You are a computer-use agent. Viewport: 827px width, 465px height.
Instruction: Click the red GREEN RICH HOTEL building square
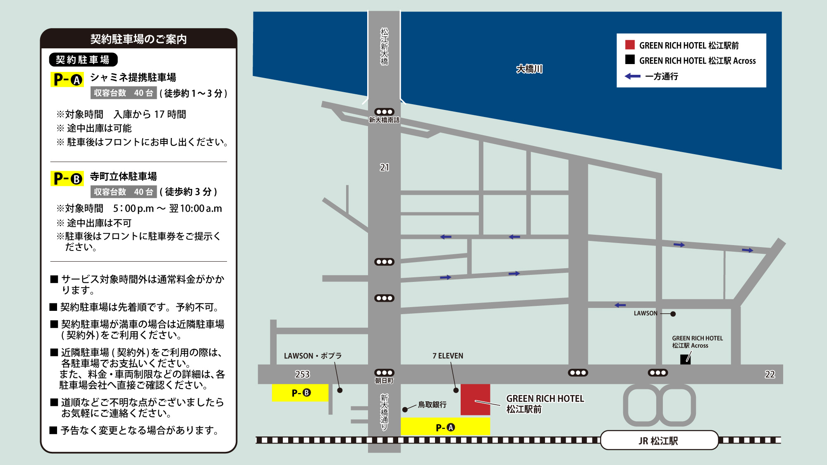pyautogui.click(x=475, y=399)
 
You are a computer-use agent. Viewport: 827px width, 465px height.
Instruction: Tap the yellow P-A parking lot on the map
pyautogui.click(x=445, y=427)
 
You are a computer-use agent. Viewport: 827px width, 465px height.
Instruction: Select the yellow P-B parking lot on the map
pyautogui.click(x=301, y=393)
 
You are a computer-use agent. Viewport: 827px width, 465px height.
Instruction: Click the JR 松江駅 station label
pyautogui.click(x=659, y=441)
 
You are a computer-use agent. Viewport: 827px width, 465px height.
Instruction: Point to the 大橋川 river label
pyautogui.click(x=529, y=69)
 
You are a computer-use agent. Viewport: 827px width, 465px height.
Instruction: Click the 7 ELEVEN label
pyautogui.click(x=448, y=356)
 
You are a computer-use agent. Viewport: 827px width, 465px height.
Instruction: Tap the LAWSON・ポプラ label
pyautogui.click(x=313, y=356)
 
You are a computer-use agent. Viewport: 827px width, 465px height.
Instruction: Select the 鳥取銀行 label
pyautogui.click(x=432, y=405)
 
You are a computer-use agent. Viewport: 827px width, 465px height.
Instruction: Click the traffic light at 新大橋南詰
pyautogui.click(x=384, y=112)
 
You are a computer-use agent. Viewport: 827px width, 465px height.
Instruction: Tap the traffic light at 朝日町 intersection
pyautogui.click(x=384, y=373)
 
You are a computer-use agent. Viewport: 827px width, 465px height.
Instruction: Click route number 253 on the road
pyautogui.click(x=302, y=374)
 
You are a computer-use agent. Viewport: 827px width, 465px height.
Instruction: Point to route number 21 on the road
pyautogui.click(x=385, y=167)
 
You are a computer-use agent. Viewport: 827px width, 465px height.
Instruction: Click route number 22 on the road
pyautogui.click(x=770, y=374)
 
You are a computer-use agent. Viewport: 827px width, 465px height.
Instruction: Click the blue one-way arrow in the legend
pyautogui.click(x=632, y=76)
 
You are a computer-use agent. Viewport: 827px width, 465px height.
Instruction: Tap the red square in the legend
pyautogui.click(x=630, y=45)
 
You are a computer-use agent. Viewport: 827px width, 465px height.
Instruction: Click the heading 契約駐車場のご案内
pyautogui.click(x=139, y=39)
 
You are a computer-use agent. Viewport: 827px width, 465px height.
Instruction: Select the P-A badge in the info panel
pyautogui.click(x=67, y=79)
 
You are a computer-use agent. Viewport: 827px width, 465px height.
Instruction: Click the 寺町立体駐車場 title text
pyautogui.click(x=123, y=176)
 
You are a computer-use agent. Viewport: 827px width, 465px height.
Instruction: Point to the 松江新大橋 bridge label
pyautogui.click(x=385, y=46)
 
